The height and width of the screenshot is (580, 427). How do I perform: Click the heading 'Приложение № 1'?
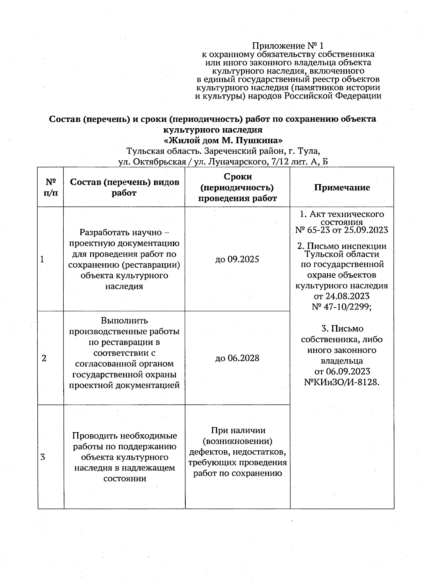(x=288, y=46)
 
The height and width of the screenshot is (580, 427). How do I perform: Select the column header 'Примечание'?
(x=342, y=188)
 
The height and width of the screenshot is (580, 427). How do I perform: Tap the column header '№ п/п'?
(x=51, y=187)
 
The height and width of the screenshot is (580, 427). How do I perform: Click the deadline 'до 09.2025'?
(x=237, y=259)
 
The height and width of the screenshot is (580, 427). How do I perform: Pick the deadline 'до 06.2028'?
(x=237, y=358)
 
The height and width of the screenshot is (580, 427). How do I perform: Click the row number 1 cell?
(x=42, y=259)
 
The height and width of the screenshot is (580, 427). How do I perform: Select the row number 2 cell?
(x=44, y=358)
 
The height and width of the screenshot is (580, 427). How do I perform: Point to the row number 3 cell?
(x=43, y=457)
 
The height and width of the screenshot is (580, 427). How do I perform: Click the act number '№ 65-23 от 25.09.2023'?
(x=342, y=230)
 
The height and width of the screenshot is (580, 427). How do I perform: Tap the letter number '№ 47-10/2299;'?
(x=342, y=307)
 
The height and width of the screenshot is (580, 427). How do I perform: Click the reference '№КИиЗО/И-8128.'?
(x=342, y=382)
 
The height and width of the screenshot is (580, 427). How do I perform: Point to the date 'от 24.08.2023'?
(x=342, y=296)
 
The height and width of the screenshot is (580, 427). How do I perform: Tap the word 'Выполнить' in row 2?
(x=124, y=321)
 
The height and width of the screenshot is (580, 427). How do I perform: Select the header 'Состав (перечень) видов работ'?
(x=124, y=187)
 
